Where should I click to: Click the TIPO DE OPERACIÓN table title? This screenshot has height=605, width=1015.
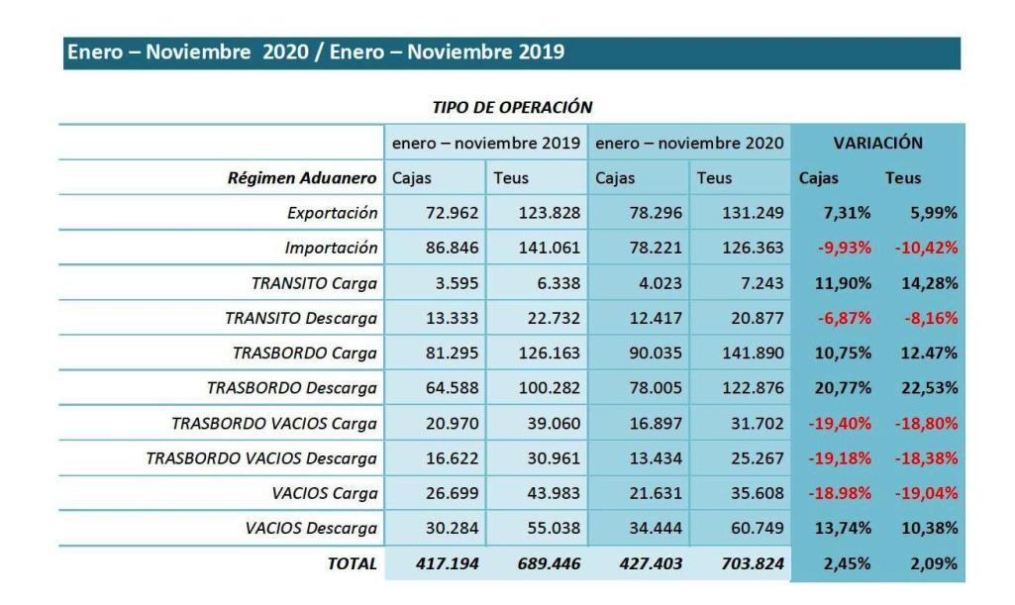(x=512, y=107)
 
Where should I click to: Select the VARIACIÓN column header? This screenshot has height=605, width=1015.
(x=877, y=143)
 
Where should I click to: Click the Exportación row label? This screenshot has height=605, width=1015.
(x=332, y=213)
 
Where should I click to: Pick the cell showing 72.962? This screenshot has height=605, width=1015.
(x=452, y=213)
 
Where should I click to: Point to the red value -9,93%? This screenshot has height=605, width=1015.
(x=844, y=248)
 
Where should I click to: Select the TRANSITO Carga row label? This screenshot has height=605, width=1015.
(x=314, y=283)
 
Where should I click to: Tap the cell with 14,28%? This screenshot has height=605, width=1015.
(x=929, y=283)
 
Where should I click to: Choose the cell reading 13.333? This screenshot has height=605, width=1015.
(x=452, y=318)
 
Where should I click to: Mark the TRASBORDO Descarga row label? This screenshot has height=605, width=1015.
(x=291, y=388)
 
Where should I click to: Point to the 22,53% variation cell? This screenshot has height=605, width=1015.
(x=929, y=388)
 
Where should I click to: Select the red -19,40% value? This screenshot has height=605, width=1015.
(x=841, y=423)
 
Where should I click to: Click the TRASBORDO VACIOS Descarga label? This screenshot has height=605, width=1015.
(x=261, y=458)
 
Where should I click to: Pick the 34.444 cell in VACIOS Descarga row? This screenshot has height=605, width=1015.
(x=655, y=529)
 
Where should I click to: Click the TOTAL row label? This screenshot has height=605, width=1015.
(x=352, y=563)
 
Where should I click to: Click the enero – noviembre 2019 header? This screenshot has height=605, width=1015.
(x=485, y=143)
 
